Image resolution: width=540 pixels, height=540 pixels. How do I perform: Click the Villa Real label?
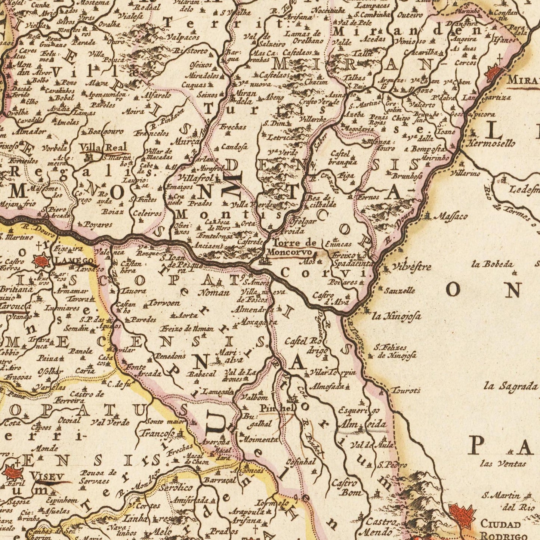(x=103, y=147)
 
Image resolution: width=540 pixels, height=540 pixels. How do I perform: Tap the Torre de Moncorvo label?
(x=291, y=248)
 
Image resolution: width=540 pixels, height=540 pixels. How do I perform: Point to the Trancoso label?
(x=157, y=434)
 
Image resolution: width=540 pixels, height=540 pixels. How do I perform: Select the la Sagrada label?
(x=510, y=386)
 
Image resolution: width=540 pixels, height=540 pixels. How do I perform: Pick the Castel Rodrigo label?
(x=306, y=346)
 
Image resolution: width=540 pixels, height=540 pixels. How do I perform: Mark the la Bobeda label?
(x=492, y=265)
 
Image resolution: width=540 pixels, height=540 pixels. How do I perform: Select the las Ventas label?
(x=503, y=464)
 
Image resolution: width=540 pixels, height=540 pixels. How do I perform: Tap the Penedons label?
(x=170, y=356)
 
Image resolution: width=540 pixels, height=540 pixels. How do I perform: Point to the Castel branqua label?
(x=343, y=158)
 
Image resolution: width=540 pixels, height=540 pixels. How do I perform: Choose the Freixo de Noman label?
(x=187, y=329)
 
